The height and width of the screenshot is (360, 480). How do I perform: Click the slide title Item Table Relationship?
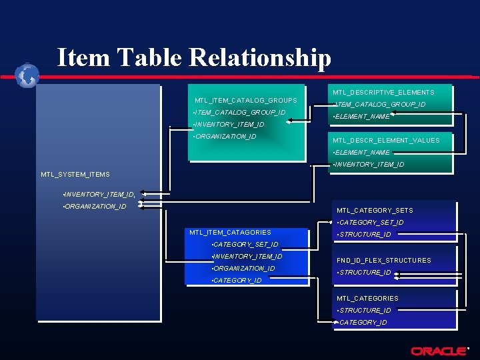click(x=194, y=57)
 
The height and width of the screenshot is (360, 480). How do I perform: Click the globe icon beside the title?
click(x=27, y=75)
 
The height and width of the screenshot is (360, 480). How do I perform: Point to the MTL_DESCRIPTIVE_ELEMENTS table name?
click(x=383, y=93)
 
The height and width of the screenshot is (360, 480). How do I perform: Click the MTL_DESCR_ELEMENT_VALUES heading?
click(x=386, y=141)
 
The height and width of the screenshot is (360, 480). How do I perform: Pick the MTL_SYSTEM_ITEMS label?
click(x=75, y=175)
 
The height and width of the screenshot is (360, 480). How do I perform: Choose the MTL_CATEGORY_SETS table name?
click(x=375, y=211)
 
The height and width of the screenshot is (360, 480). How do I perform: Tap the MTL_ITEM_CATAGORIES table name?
click(x=230, y=233)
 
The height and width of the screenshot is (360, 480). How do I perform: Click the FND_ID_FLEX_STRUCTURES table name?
click(x=384, y=261)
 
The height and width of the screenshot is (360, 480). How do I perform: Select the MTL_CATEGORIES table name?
click(x=367, y=299)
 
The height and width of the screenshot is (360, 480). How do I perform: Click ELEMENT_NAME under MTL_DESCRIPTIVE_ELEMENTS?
click(x=362, y=117)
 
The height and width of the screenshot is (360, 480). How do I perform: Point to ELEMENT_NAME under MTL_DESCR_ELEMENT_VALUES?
click(x=362, y=153)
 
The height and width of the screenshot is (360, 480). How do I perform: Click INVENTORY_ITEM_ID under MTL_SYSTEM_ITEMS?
click(x=99, y=195)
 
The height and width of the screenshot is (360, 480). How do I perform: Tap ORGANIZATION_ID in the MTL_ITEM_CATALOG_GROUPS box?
click(x=225, y=137)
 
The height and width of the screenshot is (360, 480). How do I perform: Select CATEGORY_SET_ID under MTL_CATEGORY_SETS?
click(x=371, y=223)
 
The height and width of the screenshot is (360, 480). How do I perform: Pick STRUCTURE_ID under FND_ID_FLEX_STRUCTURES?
click(x=365, y=273)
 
